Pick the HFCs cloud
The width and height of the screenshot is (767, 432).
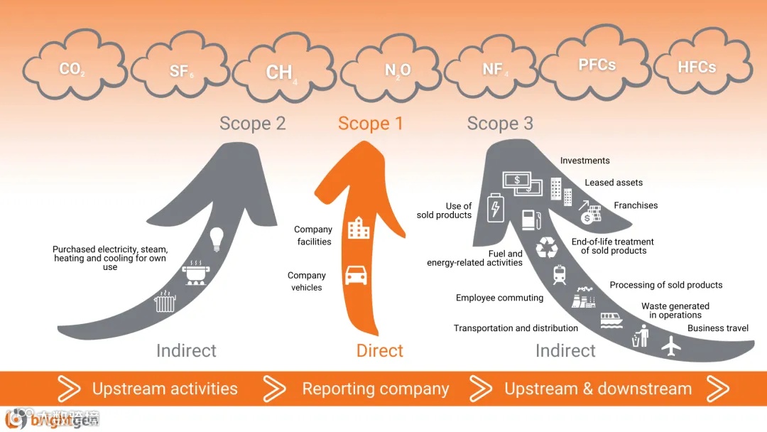[697, 67]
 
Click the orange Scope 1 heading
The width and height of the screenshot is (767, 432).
[370, 124]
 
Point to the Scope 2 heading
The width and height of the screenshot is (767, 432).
[252, 124]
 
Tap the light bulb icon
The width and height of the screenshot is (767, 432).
[217, 237]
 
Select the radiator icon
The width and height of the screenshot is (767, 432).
[165, 303]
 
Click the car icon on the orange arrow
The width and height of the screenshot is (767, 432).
[356, 275]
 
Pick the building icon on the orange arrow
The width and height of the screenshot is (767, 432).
[358, 229]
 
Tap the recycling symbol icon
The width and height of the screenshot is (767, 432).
[548, 247]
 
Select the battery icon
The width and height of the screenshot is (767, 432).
[494, 208]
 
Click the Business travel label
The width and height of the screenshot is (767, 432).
[718, 328]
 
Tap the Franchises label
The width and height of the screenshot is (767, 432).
[636, 205]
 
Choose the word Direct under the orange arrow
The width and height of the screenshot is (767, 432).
[380, 350]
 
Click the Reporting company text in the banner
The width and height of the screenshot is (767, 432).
[375, 389]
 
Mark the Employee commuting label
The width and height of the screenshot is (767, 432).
[499, 298]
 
